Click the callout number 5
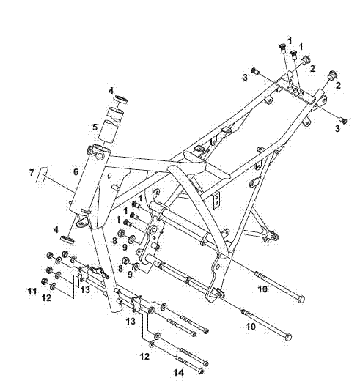pyautogui.click(x=95, y=127)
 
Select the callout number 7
pyautogui.click(x=31, y=173)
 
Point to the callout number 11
pyautogui.click(x=32, y=292)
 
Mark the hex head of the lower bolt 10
pyautogui.click(x=287, y=336)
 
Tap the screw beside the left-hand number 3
pyautogui.click(x=255, y=71)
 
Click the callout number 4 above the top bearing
pyautogui.click(x=111, y=91)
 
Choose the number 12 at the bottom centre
pyautogui.click(x=145, y=356)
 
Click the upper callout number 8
pyautogui.click(x=114, y=240)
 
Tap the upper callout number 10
pyautogui.click(x=262, y=289)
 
